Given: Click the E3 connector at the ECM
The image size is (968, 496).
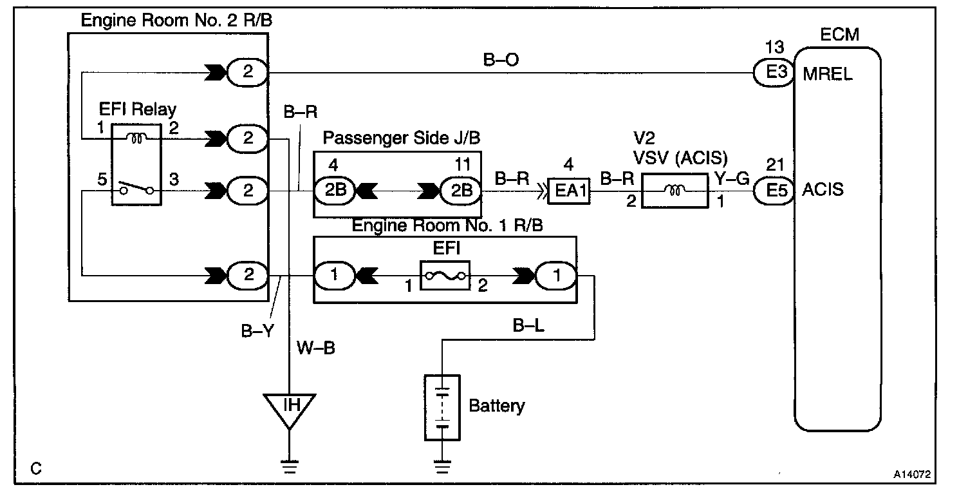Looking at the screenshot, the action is [774, 73].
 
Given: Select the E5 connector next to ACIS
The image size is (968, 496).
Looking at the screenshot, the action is [774, 190].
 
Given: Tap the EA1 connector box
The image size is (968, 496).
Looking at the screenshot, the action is [569, 191].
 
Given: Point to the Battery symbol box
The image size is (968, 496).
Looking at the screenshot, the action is [442, 407].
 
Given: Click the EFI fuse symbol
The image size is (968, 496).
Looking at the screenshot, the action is [445, 276].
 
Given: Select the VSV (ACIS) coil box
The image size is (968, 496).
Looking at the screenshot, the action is [675, 191].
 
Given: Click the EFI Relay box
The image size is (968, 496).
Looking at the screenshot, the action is [136, 164].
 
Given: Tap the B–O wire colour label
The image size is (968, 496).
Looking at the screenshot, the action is [501, 60].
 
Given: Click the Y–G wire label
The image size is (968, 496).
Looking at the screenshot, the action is [732, 178].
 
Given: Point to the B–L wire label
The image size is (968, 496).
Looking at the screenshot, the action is [528, 326].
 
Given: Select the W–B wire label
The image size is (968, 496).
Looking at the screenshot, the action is [316, 348].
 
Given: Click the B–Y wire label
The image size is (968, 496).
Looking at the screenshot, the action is [257, 331].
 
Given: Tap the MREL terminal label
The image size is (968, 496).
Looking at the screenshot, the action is [828, 74].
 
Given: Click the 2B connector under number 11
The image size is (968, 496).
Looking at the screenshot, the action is [461, 191].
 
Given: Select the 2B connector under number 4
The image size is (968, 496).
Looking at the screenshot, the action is [335, 190].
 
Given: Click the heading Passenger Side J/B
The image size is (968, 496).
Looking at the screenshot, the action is [402, 138].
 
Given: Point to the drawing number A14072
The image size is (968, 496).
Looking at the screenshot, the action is [912, 474].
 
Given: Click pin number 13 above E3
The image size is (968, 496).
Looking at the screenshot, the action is [774, 47].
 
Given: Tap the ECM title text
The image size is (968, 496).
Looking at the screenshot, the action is [839, 35].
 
